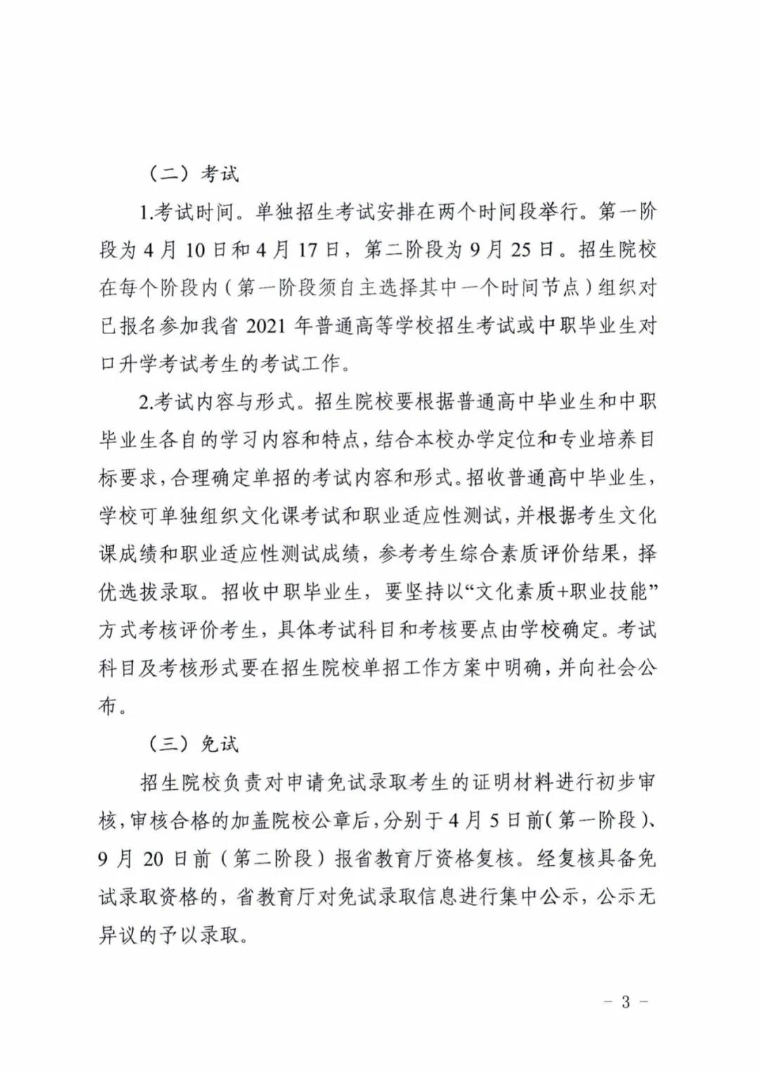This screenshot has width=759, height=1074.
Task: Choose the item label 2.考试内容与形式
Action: click(222, 402)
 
